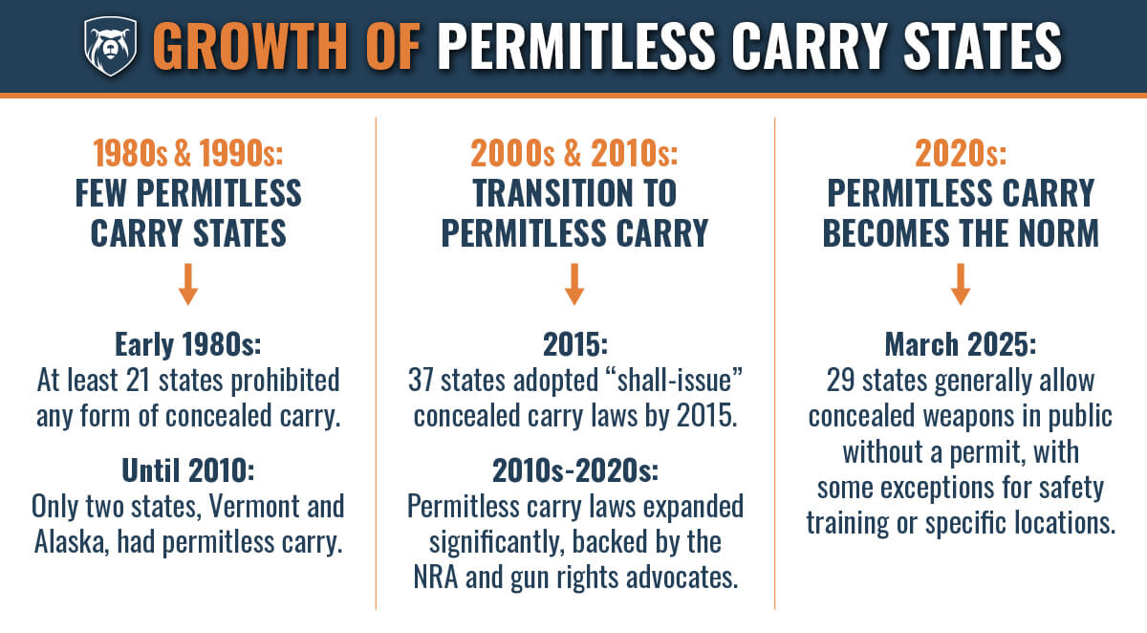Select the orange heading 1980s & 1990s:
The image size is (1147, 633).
click(x=188, y=153)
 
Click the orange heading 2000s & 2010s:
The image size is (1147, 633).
click(x=573, y=153)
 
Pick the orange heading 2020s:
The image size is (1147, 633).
click(x=961, y=153)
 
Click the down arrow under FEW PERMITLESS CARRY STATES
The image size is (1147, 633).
click(x=188, y=285)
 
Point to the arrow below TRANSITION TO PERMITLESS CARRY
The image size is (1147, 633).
click(x=573, y=285)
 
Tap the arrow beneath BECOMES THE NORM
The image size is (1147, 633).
click(x=961, y=285)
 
